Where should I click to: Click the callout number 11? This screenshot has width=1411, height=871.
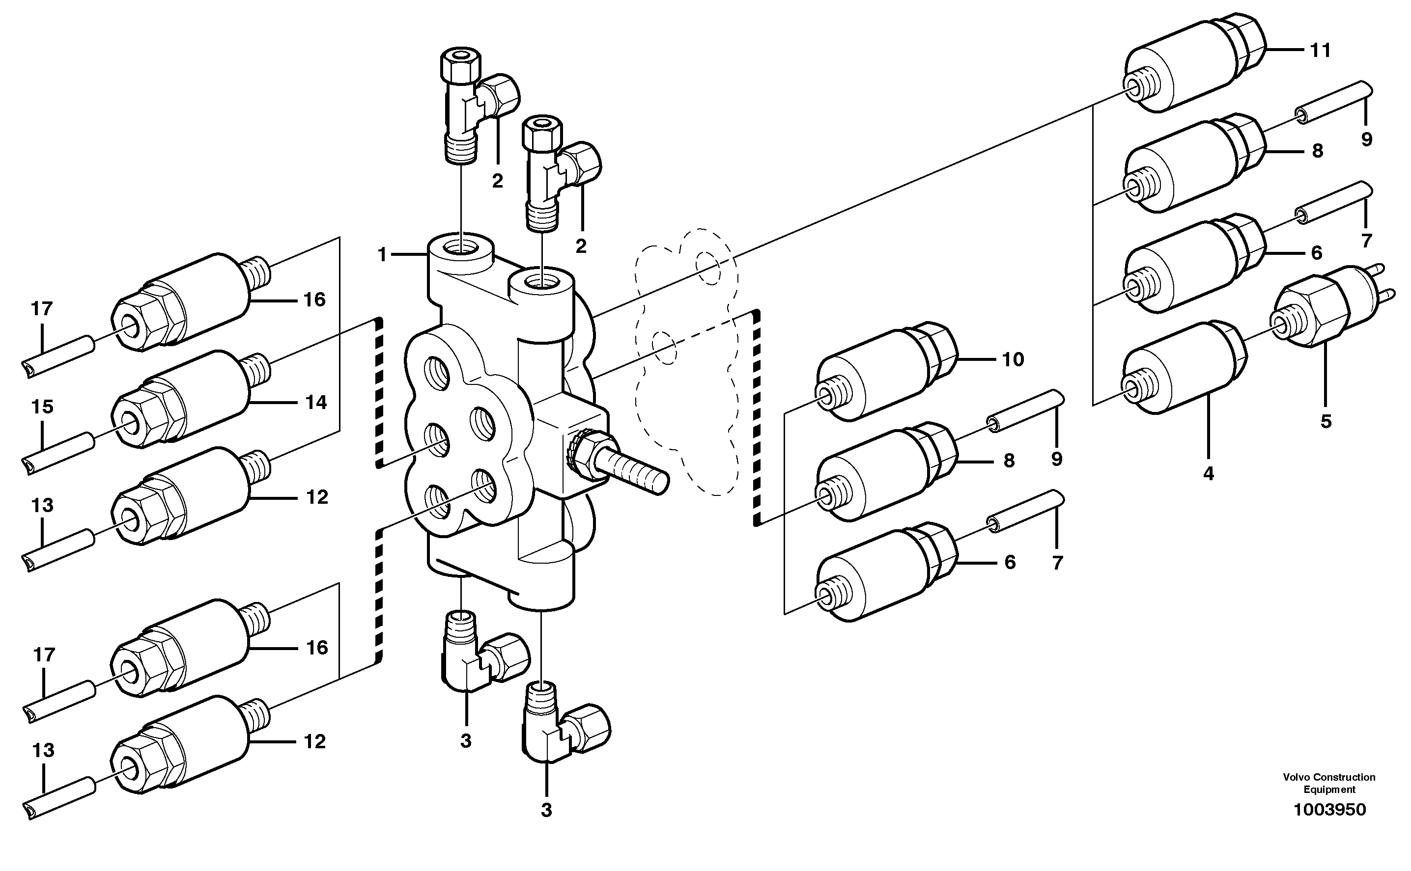click(x=1320, y=51)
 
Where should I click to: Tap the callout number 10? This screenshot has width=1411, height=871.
click(x=1013, y=360)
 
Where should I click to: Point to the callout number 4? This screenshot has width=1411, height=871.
click(x=1209, y=473)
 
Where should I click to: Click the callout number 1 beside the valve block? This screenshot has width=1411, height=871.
click(x=382, y=254)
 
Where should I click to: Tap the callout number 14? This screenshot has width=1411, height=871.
click(x=316, y=402)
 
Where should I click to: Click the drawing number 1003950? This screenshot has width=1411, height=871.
click(x=1329, y=809)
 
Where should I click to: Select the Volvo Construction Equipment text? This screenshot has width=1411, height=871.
click(x=1329, y=784)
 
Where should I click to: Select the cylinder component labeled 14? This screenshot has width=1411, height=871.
click(x=184, y=398)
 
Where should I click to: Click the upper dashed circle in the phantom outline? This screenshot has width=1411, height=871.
click(x=708, y=268)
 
